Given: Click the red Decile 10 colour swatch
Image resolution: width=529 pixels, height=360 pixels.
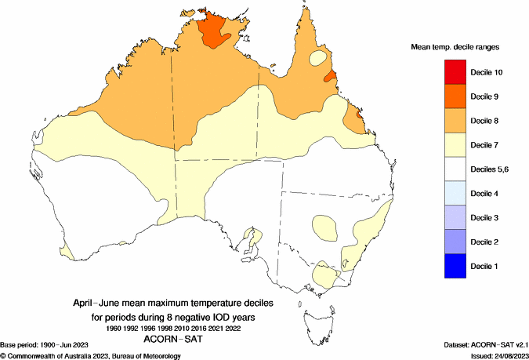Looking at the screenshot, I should pyautogui.click(x=457, y=72).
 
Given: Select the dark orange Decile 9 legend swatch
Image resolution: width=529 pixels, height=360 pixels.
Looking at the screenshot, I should pyautogui.click(x=457, y=96).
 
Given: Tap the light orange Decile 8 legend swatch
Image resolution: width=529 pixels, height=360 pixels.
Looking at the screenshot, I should pyautogui.click(x=457, y=121).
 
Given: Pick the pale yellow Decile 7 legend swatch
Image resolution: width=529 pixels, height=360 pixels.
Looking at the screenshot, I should pyautogui.click(x=457, y=145).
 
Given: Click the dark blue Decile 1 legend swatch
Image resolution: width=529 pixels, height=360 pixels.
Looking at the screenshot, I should pyautogui.click(x=457, y=266).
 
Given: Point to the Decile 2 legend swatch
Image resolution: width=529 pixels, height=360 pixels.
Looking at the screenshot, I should pyautogui.click(x=457, y=242).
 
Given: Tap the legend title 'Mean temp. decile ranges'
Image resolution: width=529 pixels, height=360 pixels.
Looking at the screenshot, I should pyautogui.click(x=455, y=47).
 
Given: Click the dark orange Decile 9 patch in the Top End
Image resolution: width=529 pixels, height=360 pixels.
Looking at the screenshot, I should pyautogui.click(x=215, y=31).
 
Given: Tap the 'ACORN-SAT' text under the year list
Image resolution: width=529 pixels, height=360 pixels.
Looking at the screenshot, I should pyautogui.click(x=175, y=340).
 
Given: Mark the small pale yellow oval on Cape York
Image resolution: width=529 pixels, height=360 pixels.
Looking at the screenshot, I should pyautogui.click(x=319, y=57).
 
